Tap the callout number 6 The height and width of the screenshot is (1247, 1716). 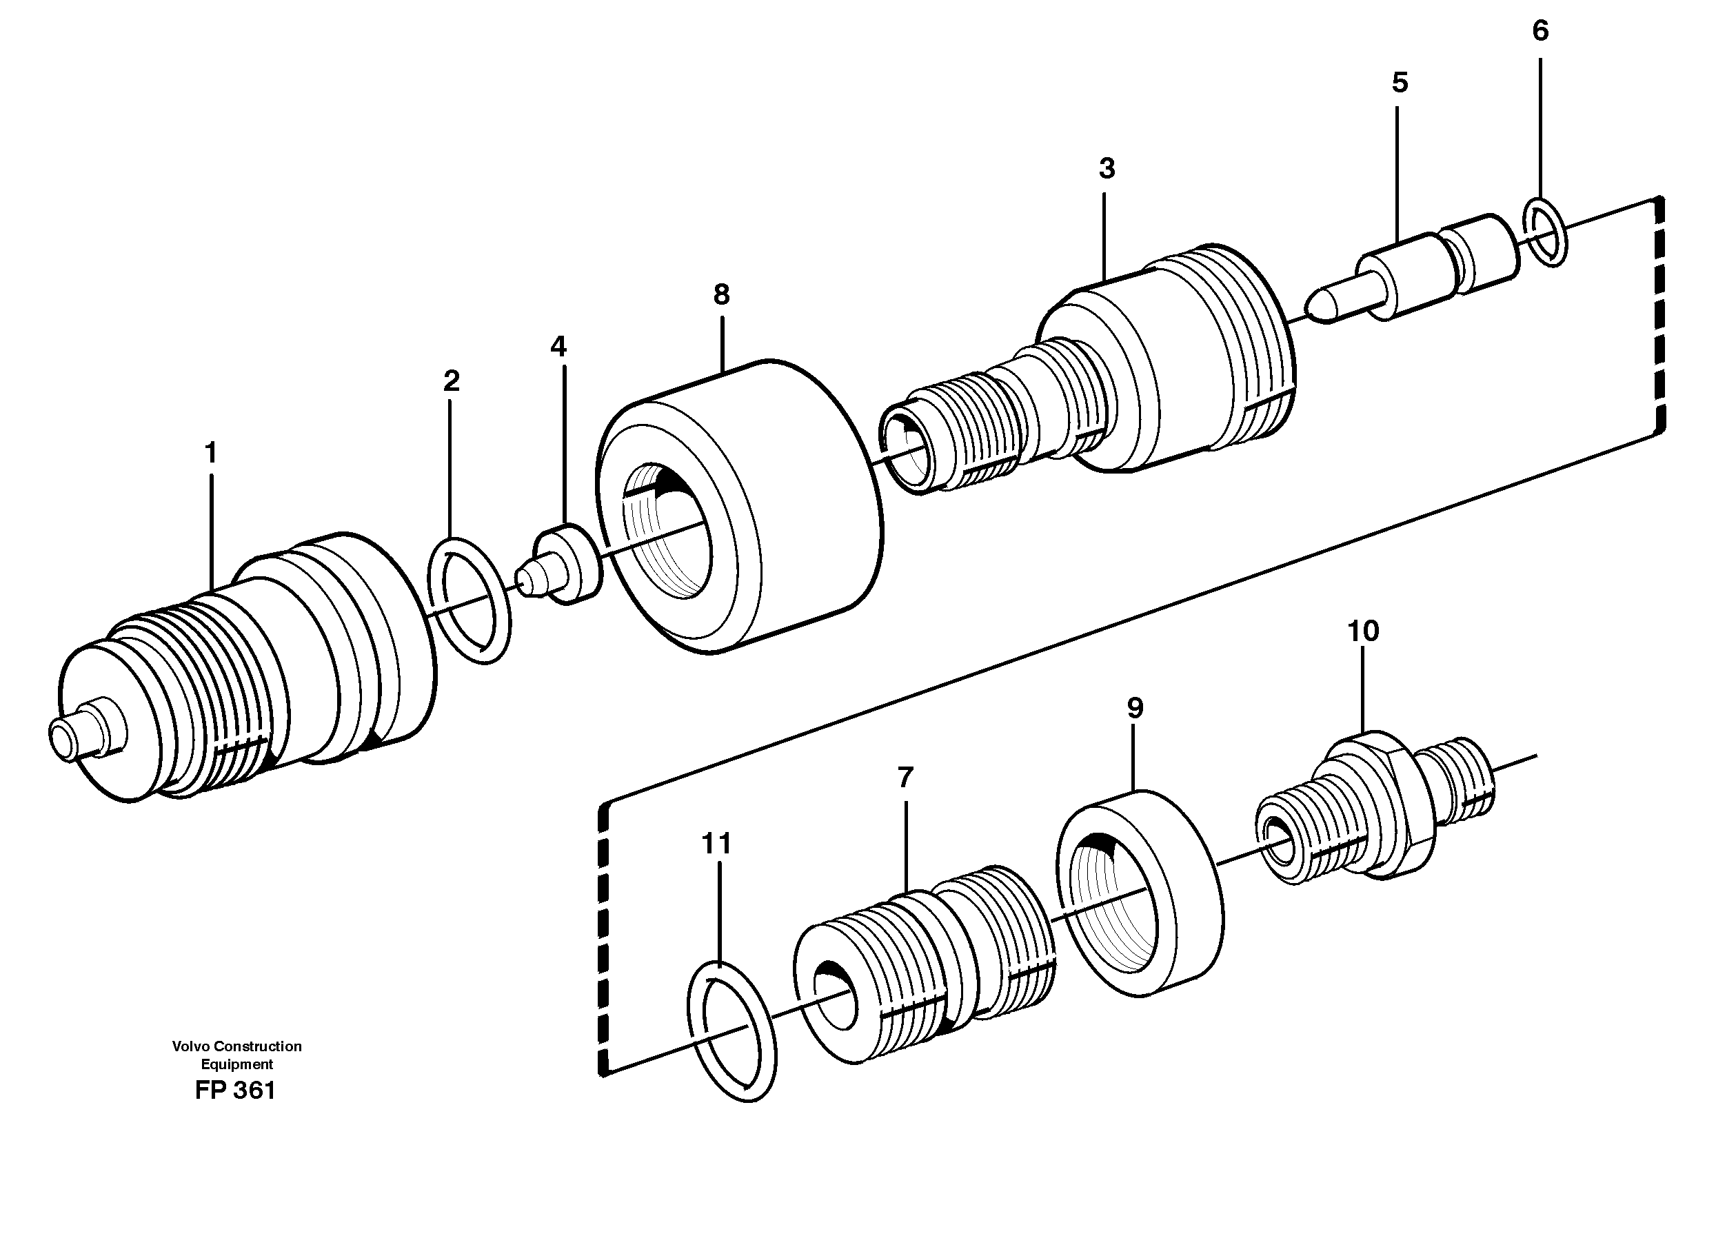(1540, 31)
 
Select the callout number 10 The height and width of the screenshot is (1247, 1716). (1362, 630)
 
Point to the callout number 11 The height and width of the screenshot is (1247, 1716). (716, 843)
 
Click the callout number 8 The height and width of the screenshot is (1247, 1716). (721, 294)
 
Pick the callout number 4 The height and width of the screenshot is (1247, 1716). (558, 347)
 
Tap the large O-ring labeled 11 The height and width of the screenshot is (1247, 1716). (731, 1032)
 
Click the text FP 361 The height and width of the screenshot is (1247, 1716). (235, 1091)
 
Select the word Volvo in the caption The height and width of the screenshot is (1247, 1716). (191, 1046)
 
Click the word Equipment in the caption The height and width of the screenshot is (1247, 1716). (236, 1064)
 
